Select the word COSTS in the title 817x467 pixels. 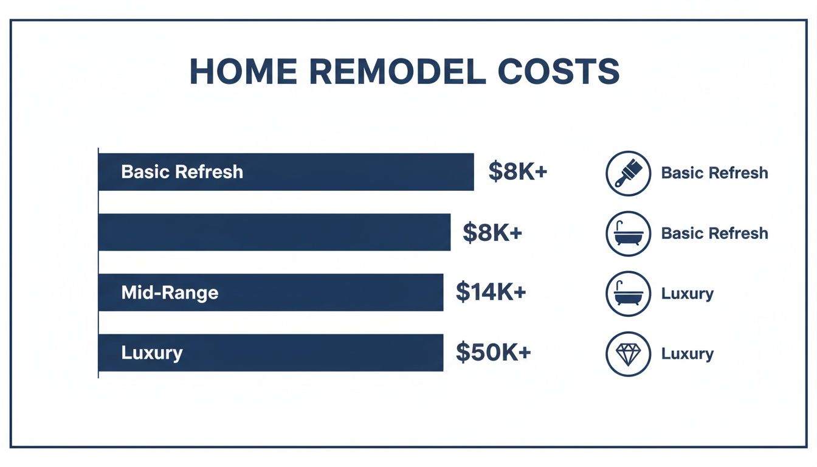click(x=559, y=72)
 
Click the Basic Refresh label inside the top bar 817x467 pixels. click(x=182, y=172)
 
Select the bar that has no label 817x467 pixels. click(x=274, y=232)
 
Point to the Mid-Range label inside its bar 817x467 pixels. click(x=170, y=292)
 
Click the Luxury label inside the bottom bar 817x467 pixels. click(x=152, y=353)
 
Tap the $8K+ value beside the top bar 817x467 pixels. click(x=518, y=172)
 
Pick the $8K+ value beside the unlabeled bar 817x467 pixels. click(x=492, y=232)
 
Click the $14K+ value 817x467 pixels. click(x=491, y=292)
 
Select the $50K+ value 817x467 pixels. click(x=493, y=353)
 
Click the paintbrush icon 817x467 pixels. click(x=629, y=173)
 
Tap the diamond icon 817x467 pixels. click(x=629, y=353)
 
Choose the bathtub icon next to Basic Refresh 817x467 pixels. click(x=629, y=233)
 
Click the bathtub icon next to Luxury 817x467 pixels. click(x=629, y=293)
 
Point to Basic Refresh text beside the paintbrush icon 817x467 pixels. click(x=714, y=173)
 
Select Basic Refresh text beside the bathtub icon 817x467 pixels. click(x=714, y=233)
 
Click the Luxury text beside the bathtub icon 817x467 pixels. click(x=687, y=293)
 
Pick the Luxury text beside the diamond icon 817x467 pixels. click(x=687, y=353)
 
